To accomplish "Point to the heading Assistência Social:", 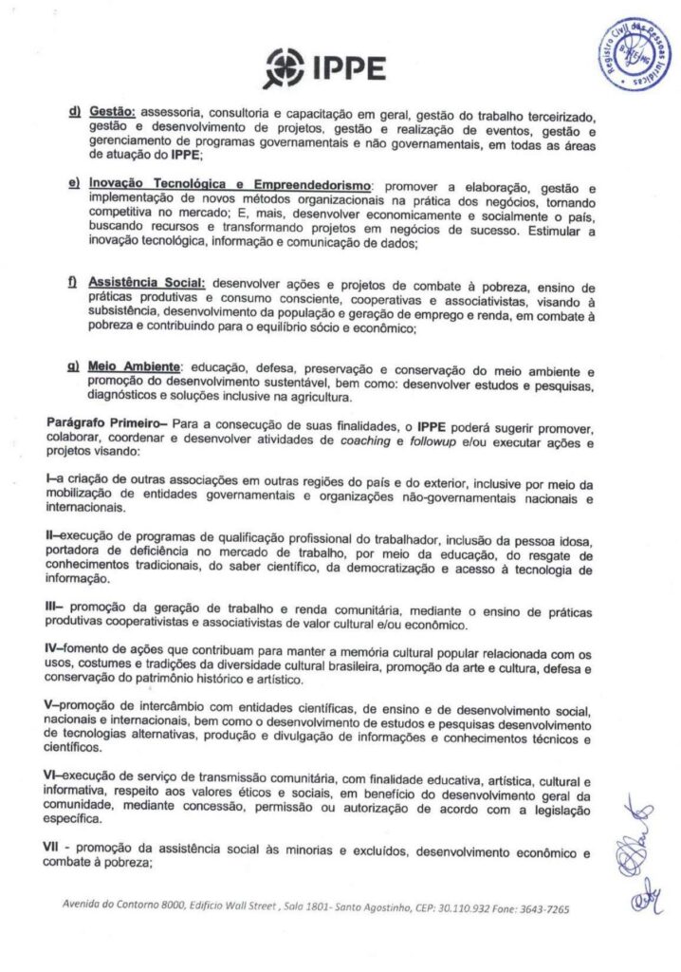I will point(147,284).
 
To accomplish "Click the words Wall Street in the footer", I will point(250,907).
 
